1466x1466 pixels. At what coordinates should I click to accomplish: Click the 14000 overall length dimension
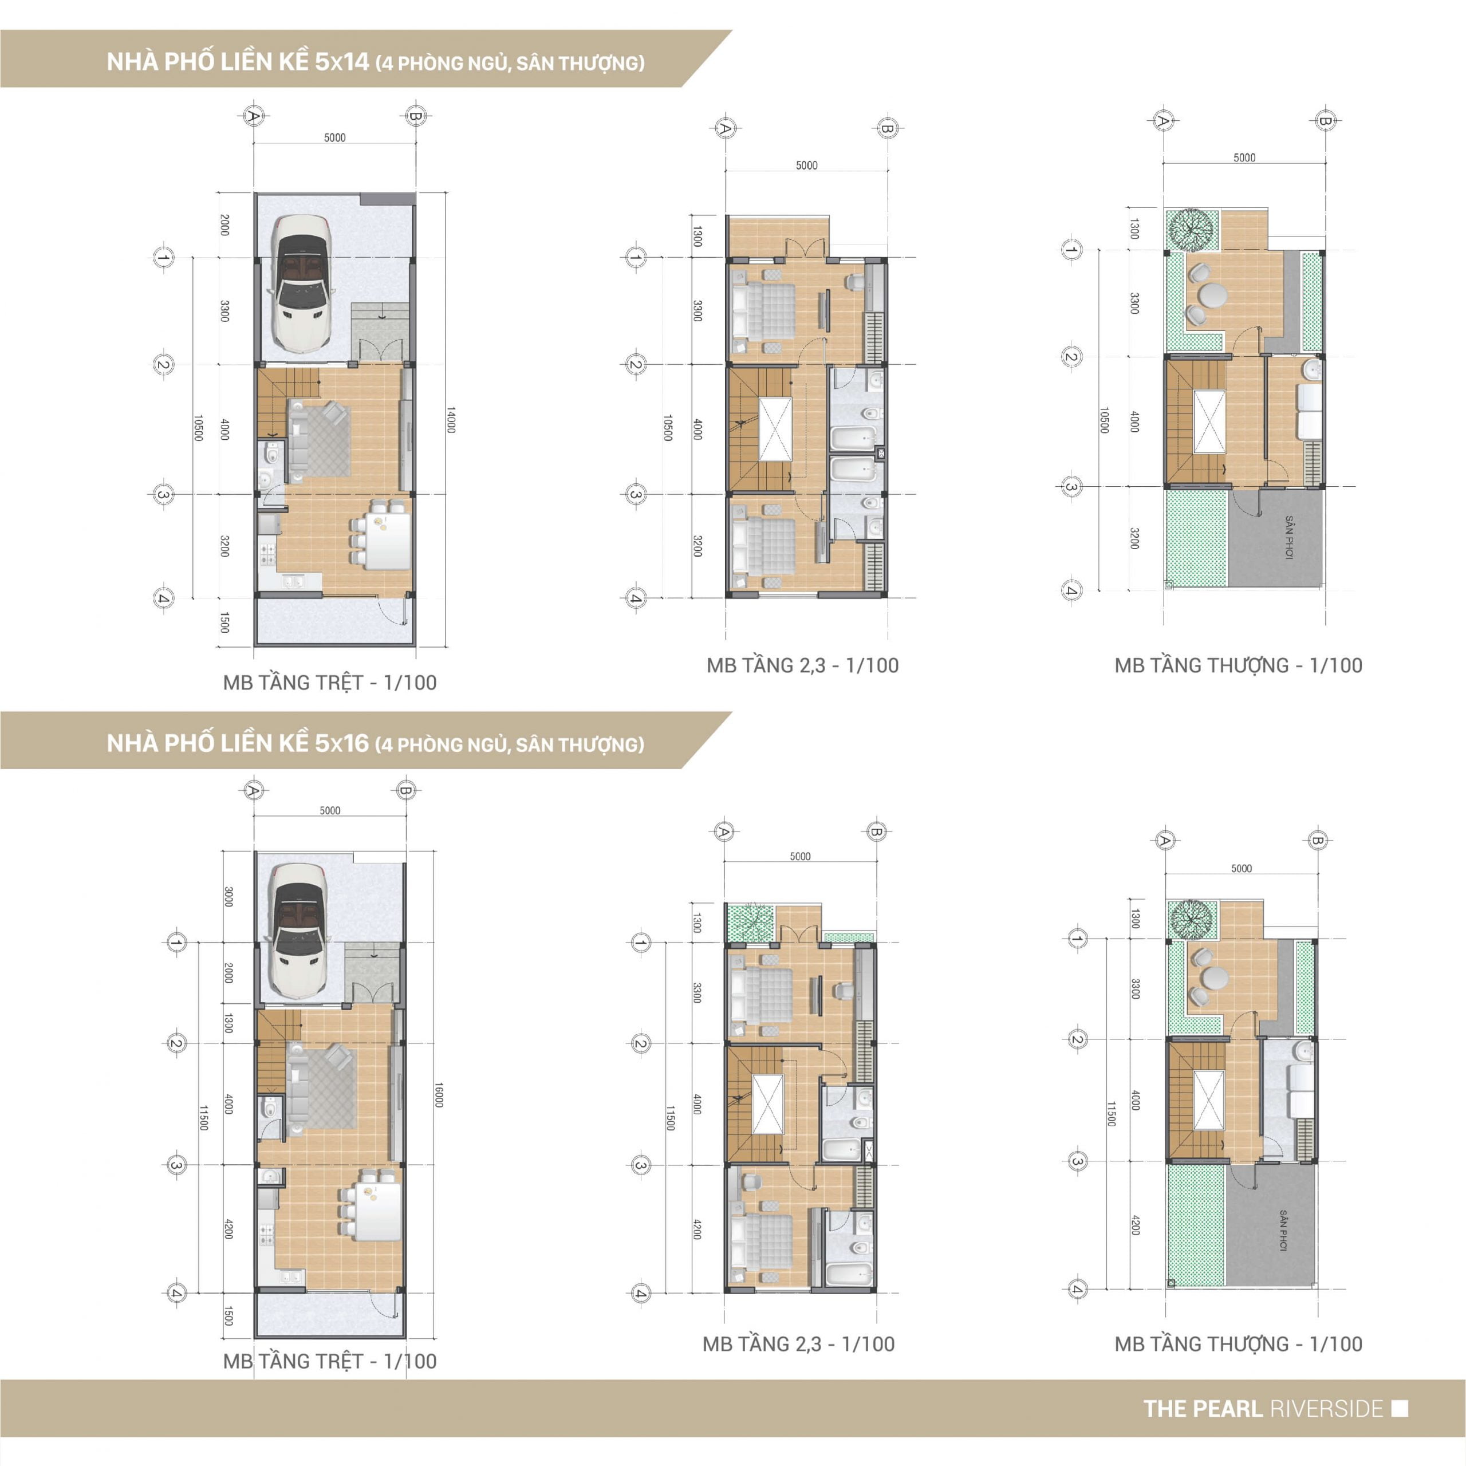[451, 420]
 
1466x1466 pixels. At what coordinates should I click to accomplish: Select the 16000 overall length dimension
[439, 1094]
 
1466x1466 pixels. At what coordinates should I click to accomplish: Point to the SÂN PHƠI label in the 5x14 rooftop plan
[1288, 537]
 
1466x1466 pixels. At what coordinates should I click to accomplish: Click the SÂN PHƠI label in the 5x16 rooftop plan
[1282, 1230]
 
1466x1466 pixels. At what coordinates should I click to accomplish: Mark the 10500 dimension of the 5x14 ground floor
[198, 428]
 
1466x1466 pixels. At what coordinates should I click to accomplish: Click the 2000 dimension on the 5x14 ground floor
[224, 224]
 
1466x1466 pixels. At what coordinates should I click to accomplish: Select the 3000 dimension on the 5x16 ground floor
[228, 896]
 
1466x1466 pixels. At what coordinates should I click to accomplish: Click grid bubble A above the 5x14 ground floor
[254, 116]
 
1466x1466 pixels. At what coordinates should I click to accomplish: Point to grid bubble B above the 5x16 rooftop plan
[1317, 841]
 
